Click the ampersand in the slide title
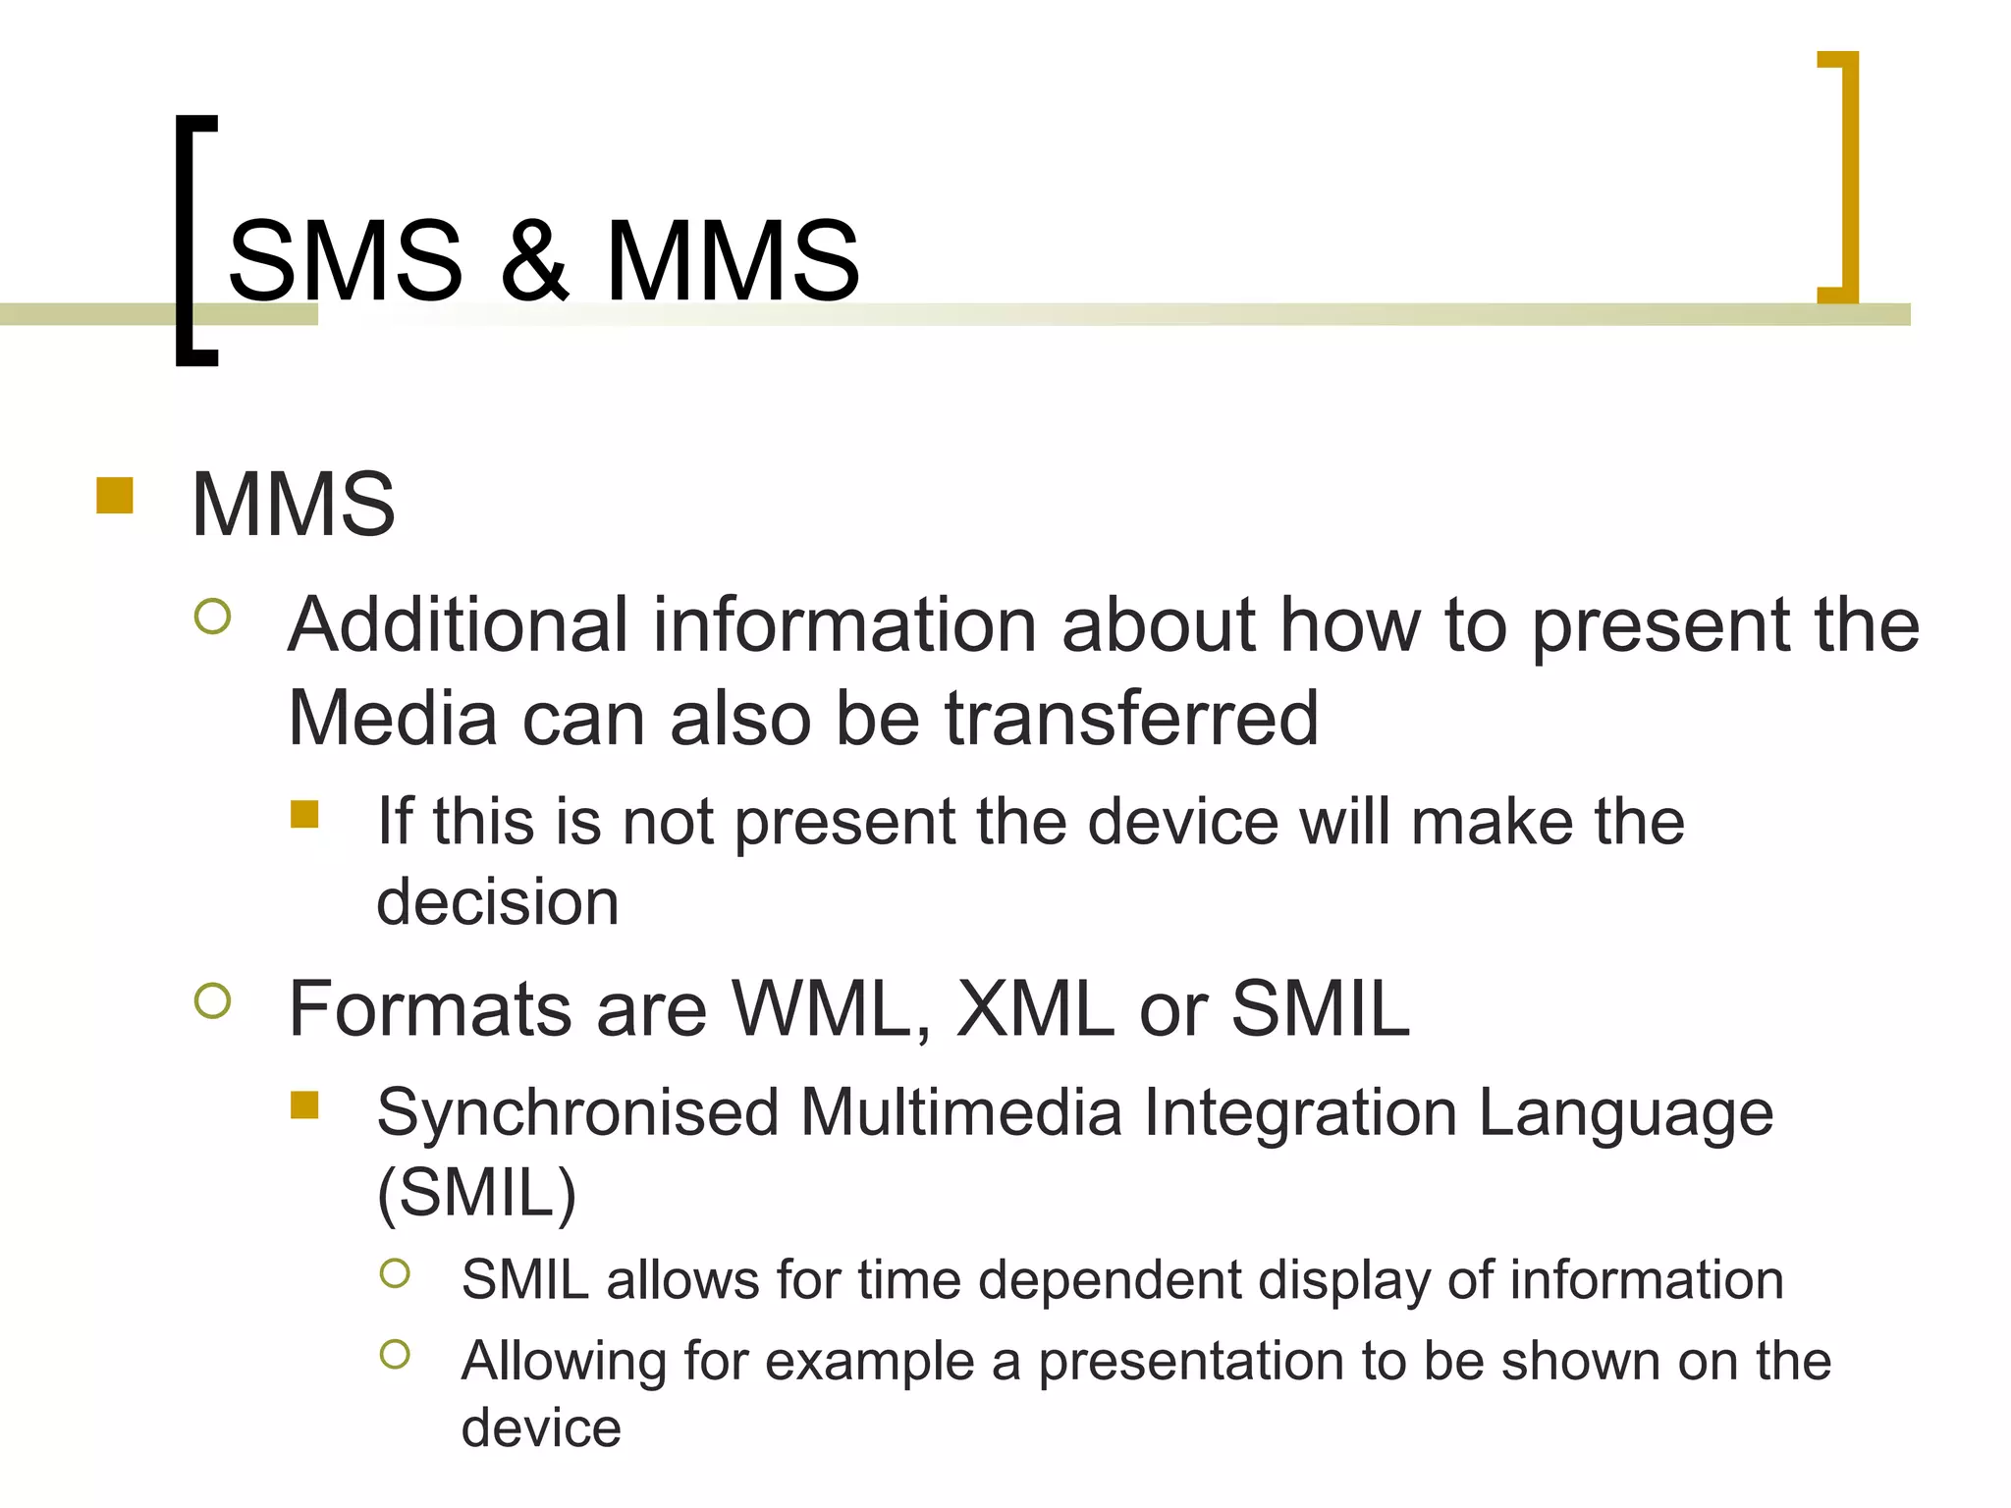534,261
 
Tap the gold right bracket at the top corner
1847,177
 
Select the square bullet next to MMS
115,496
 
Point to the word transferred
1131,719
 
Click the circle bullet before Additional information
213,617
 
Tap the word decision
498,902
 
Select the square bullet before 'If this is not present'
305,815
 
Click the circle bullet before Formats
213,1001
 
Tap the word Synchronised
577,1113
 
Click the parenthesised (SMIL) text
477,1194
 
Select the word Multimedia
960,1113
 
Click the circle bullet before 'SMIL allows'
395,1274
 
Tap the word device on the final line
541,1427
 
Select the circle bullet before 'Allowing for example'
395,1355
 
